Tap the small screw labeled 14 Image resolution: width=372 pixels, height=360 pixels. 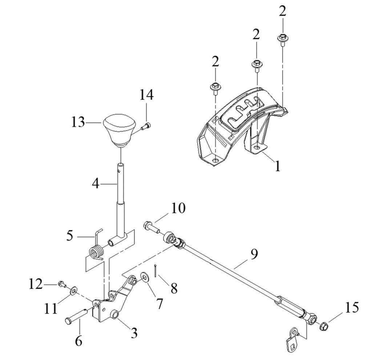146,126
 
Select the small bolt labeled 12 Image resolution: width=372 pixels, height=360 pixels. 62,284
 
